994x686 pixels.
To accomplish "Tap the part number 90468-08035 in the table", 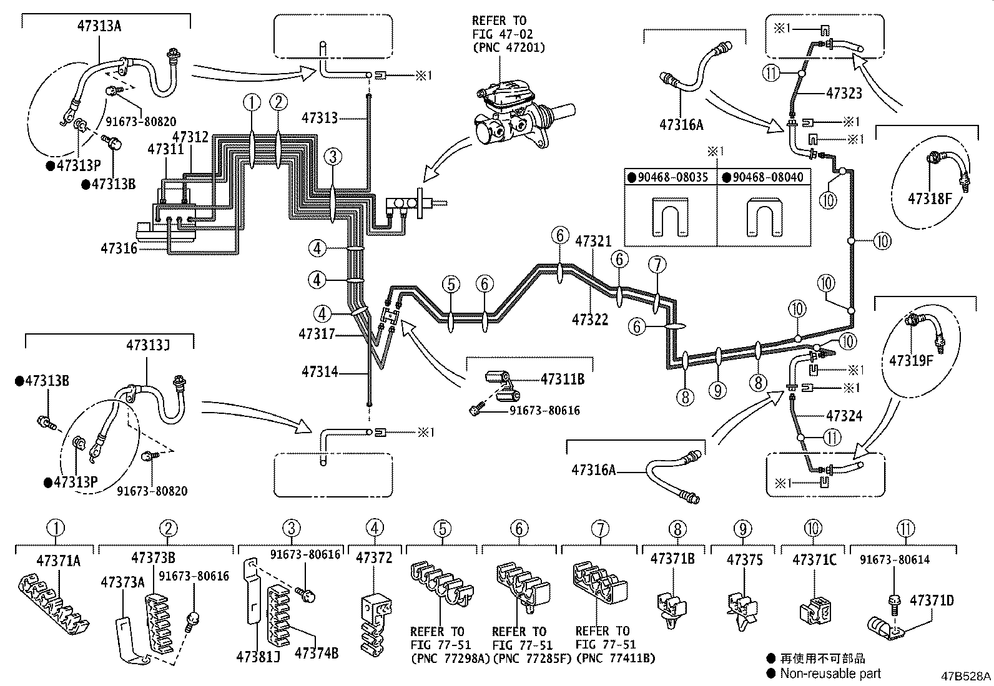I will [673, 177].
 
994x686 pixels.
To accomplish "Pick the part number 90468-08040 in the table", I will [767, 177].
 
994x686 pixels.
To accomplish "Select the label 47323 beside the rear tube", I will [844, 94].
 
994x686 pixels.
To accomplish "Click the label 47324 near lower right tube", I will [844, 415].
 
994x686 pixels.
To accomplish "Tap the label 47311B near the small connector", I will [562, 378].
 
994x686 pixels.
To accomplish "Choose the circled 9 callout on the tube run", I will [718, 390].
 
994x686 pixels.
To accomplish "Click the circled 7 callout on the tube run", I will [657, 265].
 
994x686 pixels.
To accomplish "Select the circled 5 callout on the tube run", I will [451, 285].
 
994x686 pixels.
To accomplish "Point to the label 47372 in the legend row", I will [375, 557].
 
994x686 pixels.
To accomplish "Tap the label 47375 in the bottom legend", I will [744, 559].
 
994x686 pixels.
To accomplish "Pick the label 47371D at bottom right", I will [932, 600].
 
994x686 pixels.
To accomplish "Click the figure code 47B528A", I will [967, 677].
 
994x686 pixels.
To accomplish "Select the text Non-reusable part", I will [830, 673].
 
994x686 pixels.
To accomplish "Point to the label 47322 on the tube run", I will [590, 320].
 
